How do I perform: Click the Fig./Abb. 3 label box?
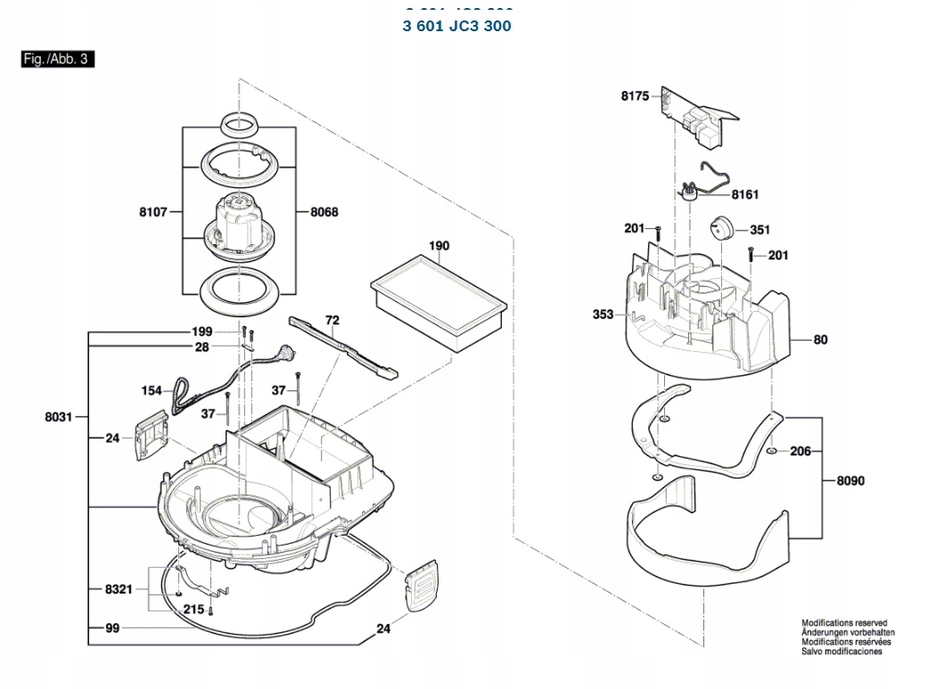pos(57,60)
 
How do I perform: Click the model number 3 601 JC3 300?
pos(456,26)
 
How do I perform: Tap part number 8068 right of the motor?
pos(324,212)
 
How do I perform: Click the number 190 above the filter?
pos(439,246)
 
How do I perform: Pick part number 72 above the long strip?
pos(332,319)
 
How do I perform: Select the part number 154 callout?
pos(152,390)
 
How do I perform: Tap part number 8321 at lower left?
pos(119,589)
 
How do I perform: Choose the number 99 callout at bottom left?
pos(112,628)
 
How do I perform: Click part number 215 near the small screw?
pos(193,610)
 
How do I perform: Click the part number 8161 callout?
pos(745,194)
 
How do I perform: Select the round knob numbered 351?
pos(722,229)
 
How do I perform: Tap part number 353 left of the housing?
pos(603,314)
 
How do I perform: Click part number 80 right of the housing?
pos(820,339)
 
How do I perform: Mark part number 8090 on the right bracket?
pos(850,480)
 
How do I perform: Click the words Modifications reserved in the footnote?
pos(844,623)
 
